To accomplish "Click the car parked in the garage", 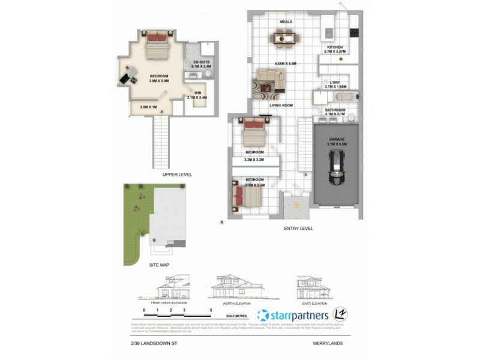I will pyautogui.click(x=337, y=169).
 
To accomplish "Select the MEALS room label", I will pyautogui.click(x=286, y=22).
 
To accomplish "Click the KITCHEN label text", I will pyautogui.click(x=335, y=47).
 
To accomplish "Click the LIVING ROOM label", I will pyautogui.click(x=280, y=104).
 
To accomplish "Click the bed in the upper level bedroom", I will pyautogui.click(x=157, y=45).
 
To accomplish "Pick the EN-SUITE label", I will pyautogui.click(x=200, y=61).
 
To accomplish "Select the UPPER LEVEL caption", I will pyautogui.click(x=177, y=174).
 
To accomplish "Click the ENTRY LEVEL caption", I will pyautogui.click(x=298, y=229).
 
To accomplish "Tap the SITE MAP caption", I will pyautogui.click(x=160, y=263).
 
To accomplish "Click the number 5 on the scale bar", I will pyautogui.click(x=211, y=310).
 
